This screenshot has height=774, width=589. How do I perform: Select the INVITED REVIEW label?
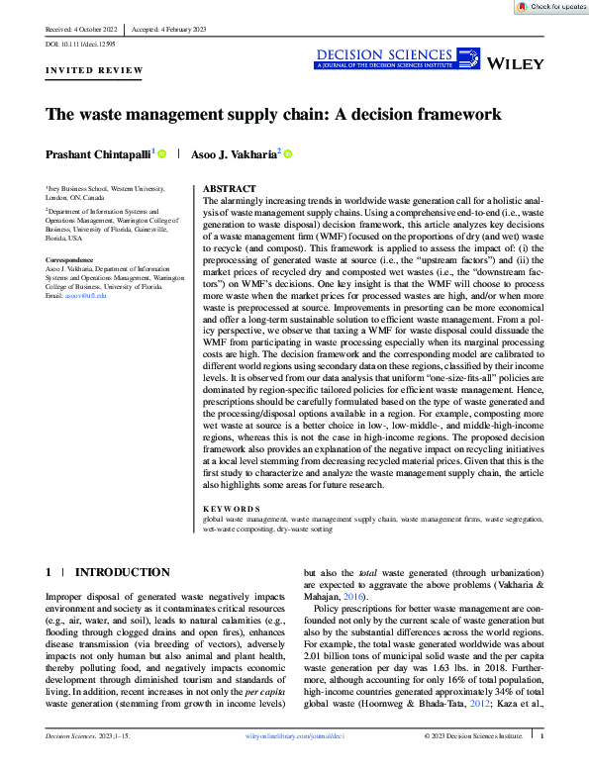pos(94,71)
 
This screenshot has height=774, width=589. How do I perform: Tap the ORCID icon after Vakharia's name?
pos(289,152)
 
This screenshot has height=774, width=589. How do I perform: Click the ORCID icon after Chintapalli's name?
pos(161,152)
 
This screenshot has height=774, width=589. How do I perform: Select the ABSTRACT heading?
pos(230,188)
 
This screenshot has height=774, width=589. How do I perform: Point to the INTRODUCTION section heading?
pos(123,572)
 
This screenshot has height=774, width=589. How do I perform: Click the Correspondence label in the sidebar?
pos(73,260)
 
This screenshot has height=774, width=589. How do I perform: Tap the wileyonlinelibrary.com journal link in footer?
pos(295,764)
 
